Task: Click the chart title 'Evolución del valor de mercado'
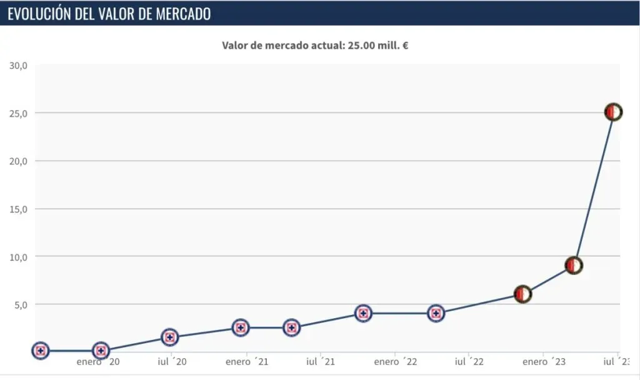click(109, 14)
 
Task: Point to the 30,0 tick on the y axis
click(17, 66)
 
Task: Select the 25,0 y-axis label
click(17, 113)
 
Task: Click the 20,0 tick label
click(17, 161)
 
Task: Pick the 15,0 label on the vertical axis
click(17, 209)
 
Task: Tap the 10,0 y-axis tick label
click(17, 257)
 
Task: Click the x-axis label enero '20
click(97, 362)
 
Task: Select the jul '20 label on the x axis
click(172, 362)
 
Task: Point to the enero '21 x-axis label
click(247, 362)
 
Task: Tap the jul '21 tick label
click(321, 362)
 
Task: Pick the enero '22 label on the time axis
click(396, 362)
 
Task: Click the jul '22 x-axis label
click(469, 362)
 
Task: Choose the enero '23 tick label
click(544, 362)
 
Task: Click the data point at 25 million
click(613, 112)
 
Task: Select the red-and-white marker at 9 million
click(574, 265)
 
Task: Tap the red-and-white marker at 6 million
click(522, 294)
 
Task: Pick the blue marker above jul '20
click(169, 337)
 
